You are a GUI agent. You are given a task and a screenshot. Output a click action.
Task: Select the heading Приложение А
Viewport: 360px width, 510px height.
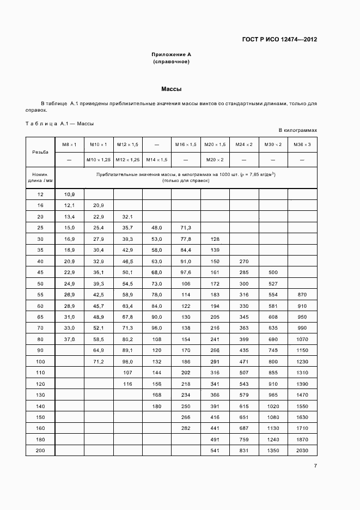click(172, 55)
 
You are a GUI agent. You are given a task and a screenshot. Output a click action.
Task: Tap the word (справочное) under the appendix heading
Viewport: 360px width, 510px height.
click(172, 62)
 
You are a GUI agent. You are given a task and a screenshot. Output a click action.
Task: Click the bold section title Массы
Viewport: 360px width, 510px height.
click(172, 88)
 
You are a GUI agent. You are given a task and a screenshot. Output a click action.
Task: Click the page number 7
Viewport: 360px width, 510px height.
click(315, 465)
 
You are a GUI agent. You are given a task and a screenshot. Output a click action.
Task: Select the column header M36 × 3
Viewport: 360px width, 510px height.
click(302, 144)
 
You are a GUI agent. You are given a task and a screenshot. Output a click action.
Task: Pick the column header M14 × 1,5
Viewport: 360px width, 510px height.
click(157, 160)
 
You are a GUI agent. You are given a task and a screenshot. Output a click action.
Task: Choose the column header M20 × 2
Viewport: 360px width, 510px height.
click(215, 160)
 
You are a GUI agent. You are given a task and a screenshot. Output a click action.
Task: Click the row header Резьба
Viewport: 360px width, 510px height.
click(40, 152)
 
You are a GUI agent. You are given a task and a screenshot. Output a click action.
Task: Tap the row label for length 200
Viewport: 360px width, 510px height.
click(41, 450)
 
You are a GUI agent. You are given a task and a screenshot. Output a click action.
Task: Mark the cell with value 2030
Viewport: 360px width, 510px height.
click(302, 450)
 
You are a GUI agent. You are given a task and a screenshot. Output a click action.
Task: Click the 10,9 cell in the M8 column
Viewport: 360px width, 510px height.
click(70, 195)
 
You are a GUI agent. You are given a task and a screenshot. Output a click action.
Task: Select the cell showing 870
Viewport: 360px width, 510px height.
click(302, 294)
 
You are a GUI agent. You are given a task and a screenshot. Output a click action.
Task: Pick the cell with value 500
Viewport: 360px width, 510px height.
click(273, 271)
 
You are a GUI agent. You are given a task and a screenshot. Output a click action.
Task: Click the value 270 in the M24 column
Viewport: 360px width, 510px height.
click(244, 261)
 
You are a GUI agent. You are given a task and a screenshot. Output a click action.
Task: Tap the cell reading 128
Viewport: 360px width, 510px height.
click(215, 239)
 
